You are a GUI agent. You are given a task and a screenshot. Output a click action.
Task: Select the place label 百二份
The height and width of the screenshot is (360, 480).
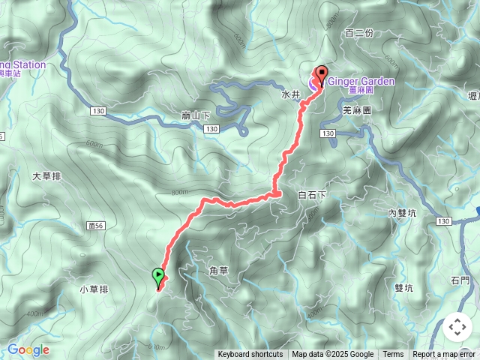point(359,33)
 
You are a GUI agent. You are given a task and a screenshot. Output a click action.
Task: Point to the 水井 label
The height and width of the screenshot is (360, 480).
point(290,95)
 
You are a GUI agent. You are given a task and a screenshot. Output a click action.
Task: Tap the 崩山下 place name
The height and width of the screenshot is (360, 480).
point(196,116)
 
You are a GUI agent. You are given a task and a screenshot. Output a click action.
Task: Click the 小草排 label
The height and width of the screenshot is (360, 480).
point(94,289)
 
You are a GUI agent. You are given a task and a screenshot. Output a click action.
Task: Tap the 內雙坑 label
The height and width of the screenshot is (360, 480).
point(402,213)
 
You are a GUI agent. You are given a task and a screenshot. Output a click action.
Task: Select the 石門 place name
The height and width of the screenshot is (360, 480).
point(460,280)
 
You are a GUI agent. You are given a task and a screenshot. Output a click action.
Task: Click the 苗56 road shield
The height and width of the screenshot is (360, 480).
point(94,224)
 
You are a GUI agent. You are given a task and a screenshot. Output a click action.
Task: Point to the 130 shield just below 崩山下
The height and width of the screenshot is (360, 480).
point(211,130)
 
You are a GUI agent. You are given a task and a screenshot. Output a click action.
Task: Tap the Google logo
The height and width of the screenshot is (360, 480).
point(28,349)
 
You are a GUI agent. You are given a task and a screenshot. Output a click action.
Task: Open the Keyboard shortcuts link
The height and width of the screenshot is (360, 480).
point(250,355)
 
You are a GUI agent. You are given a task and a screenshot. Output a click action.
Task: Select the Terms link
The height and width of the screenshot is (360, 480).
point(393,355)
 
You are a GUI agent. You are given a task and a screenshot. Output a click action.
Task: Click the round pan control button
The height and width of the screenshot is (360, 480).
point(457,327)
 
